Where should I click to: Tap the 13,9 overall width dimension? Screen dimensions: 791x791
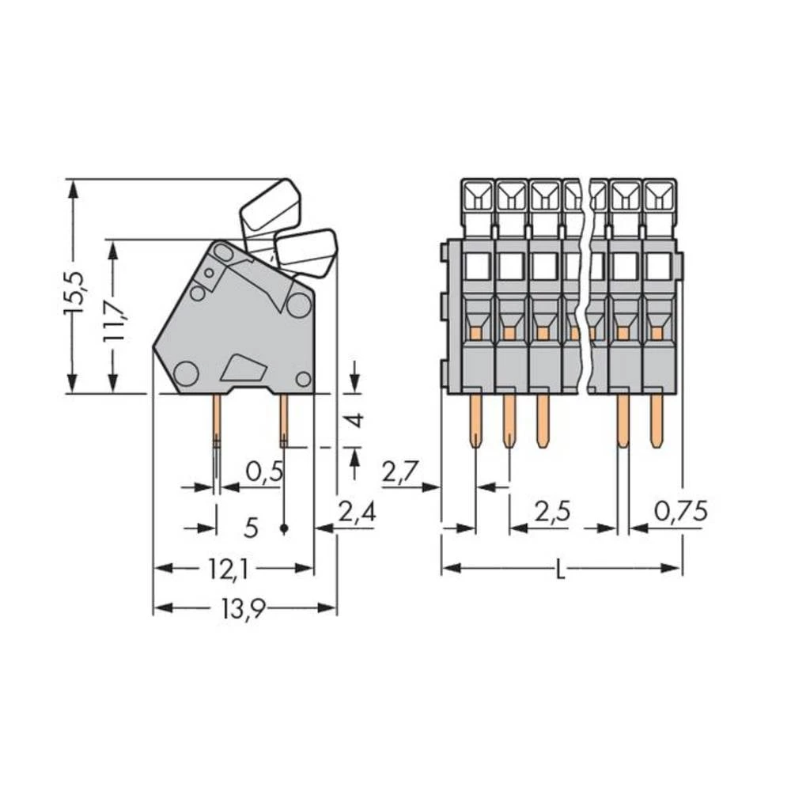pos(246,608)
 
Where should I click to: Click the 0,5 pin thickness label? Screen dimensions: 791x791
pos(264,472)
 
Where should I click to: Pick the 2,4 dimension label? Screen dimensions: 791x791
pos(356,513)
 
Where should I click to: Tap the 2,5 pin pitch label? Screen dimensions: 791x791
pos(553,513)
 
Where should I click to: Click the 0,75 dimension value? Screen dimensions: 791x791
pos(679,513)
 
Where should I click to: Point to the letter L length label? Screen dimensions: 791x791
pos(560,569)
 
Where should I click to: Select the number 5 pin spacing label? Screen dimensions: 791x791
pos(251,527)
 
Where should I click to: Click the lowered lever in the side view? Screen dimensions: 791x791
pos(306,252)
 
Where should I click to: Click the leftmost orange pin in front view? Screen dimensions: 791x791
pos(475,419)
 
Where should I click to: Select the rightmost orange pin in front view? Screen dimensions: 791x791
pos(656,419)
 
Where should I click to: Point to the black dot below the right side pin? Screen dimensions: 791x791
pos(284,527)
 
